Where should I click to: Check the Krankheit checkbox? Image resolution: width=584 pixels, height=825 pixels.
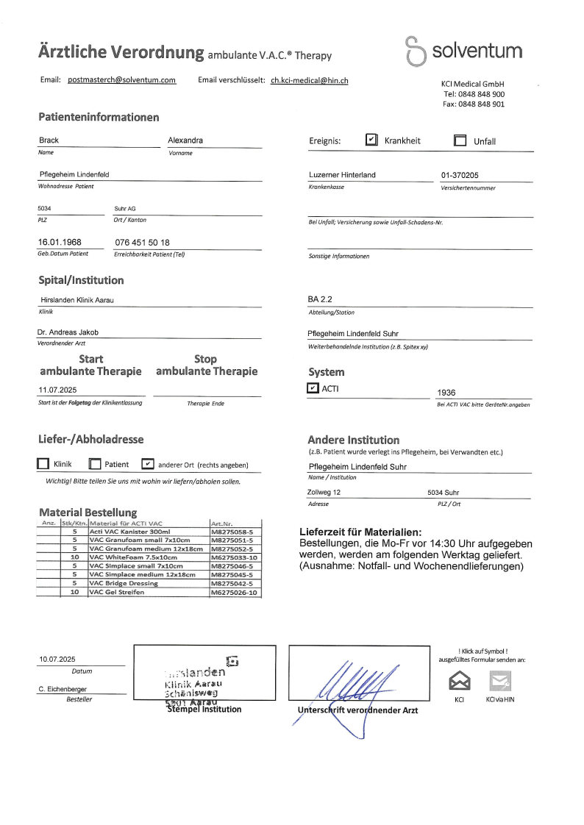click(x=371, y=140)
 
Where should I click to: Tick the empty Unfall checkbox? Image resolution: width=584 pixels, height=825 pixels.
click(x=460, y=140)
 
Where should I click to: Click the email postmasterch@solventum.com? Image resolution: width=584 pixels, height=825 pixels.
click(x=121, y=79)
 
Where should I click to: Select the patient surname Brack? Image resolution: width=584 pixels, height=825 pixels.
click(x=49, y=140)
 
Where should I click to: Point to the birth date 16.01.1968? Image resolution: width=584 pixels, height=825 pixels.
click(x=60, y=242)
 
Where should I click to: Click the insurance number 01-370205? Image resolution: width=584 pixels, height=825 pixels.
click(x=460, y=175)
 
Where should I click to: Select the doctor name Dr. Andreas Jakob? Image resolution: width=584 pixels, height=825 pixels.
click(x=68, y=332)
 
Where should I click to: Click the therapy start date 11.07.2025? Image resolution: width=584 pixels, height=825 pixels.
click(x=58, y=390)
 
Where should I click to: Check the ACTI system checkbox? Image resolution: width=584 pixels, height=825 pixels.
click(x=313, y=388)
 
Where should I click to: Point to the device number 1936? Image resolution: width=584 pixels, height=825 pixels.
click(x=446, y=393)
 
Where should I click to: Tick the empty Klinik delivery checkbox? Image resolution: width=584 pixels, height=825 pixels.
click(x=43, y=464)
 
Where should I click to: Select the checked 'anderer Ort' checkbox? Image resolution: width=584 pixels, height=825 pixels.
click(x=147, y=464)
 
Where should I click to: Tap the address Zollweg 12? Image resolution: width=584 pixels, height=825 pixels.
click(x=324, y=492)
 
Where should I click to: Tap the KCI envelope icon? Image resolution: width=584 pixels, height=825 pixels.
click(x=459, y=681)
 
